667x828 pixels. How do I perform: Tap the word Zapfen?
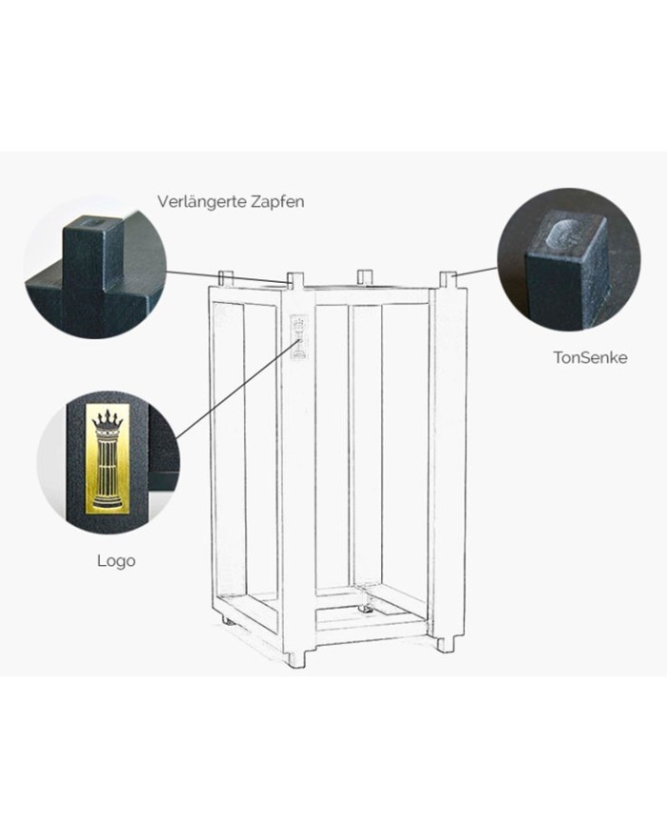(277, 202)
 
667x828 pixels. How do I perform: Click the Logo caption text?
(115, 560)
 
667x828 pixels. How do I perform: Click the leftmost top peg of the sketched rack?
(226, 278)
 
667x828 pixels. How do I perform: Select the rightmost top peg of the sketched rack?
(447, 278)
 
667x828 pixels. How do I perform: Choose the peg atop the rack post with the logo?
(295, 281)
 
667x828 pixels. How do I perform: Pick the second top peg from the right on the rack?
(363, 276)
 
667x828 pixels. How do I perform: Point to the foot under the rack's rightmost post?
(445, 644)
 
